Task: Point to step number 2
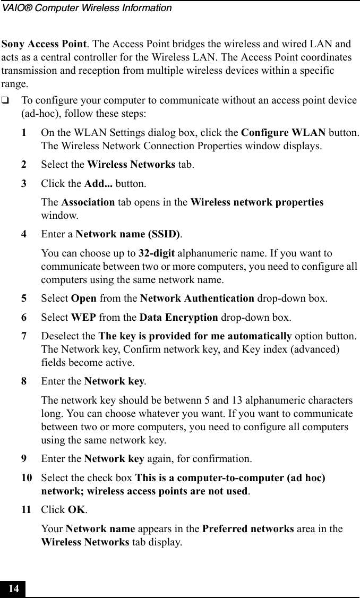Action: click(x=24, y=165)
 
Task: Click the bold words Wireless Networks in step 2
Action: click(x=131, y=165)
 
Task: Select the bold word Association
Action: click(x=88, y=202)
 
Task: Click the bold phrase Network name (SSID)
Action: click(x=127, y=234)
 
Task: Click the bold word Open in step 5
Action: click(x=83, y=298)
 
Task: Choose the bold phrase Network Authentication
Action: click(x=197, y=298)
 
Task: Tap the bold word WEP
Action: click(x=83, y=318)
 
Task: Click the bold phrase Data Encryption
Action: click(x=178, y=318)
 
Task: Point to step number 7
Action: click(x=24, y=337)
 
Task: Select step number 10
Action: click(x=26, y=477)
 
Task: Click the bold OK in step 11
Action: click(x=77, y=510)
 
